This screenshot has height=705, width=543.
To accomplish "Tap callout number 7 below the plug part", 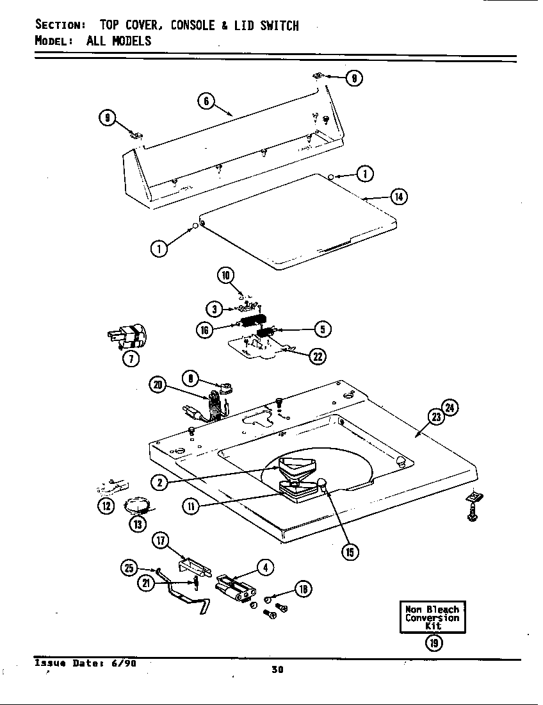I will click(131, 359).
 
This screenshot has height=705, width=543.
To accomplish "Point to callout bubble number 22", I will click(317, 357).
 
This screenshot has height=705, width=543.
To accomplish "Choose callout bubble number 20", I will click(157, 385).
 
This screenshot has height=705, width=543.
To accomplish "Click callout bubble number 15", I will click(350, 551).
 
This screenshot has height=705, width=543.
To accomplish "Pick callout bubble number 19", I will click(433, 643).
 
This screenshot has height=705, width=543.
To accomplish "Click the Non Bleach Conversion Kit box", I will click(433, 617).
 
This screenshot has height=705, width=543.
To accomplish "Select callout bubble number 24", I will click(451, 407).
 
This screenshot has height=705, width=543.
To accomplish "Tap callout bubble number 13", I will click(137, 524).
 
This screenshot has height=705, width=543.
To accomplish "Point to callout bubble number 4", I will click(265, 567).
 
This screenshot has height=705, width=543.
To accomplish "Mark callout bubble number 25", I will click(129, 567).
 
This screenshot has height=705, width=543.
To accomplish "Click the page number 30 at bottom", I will click(277, 670).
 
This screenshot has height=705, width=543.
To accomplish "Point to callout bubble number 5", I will click(322, 329).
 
